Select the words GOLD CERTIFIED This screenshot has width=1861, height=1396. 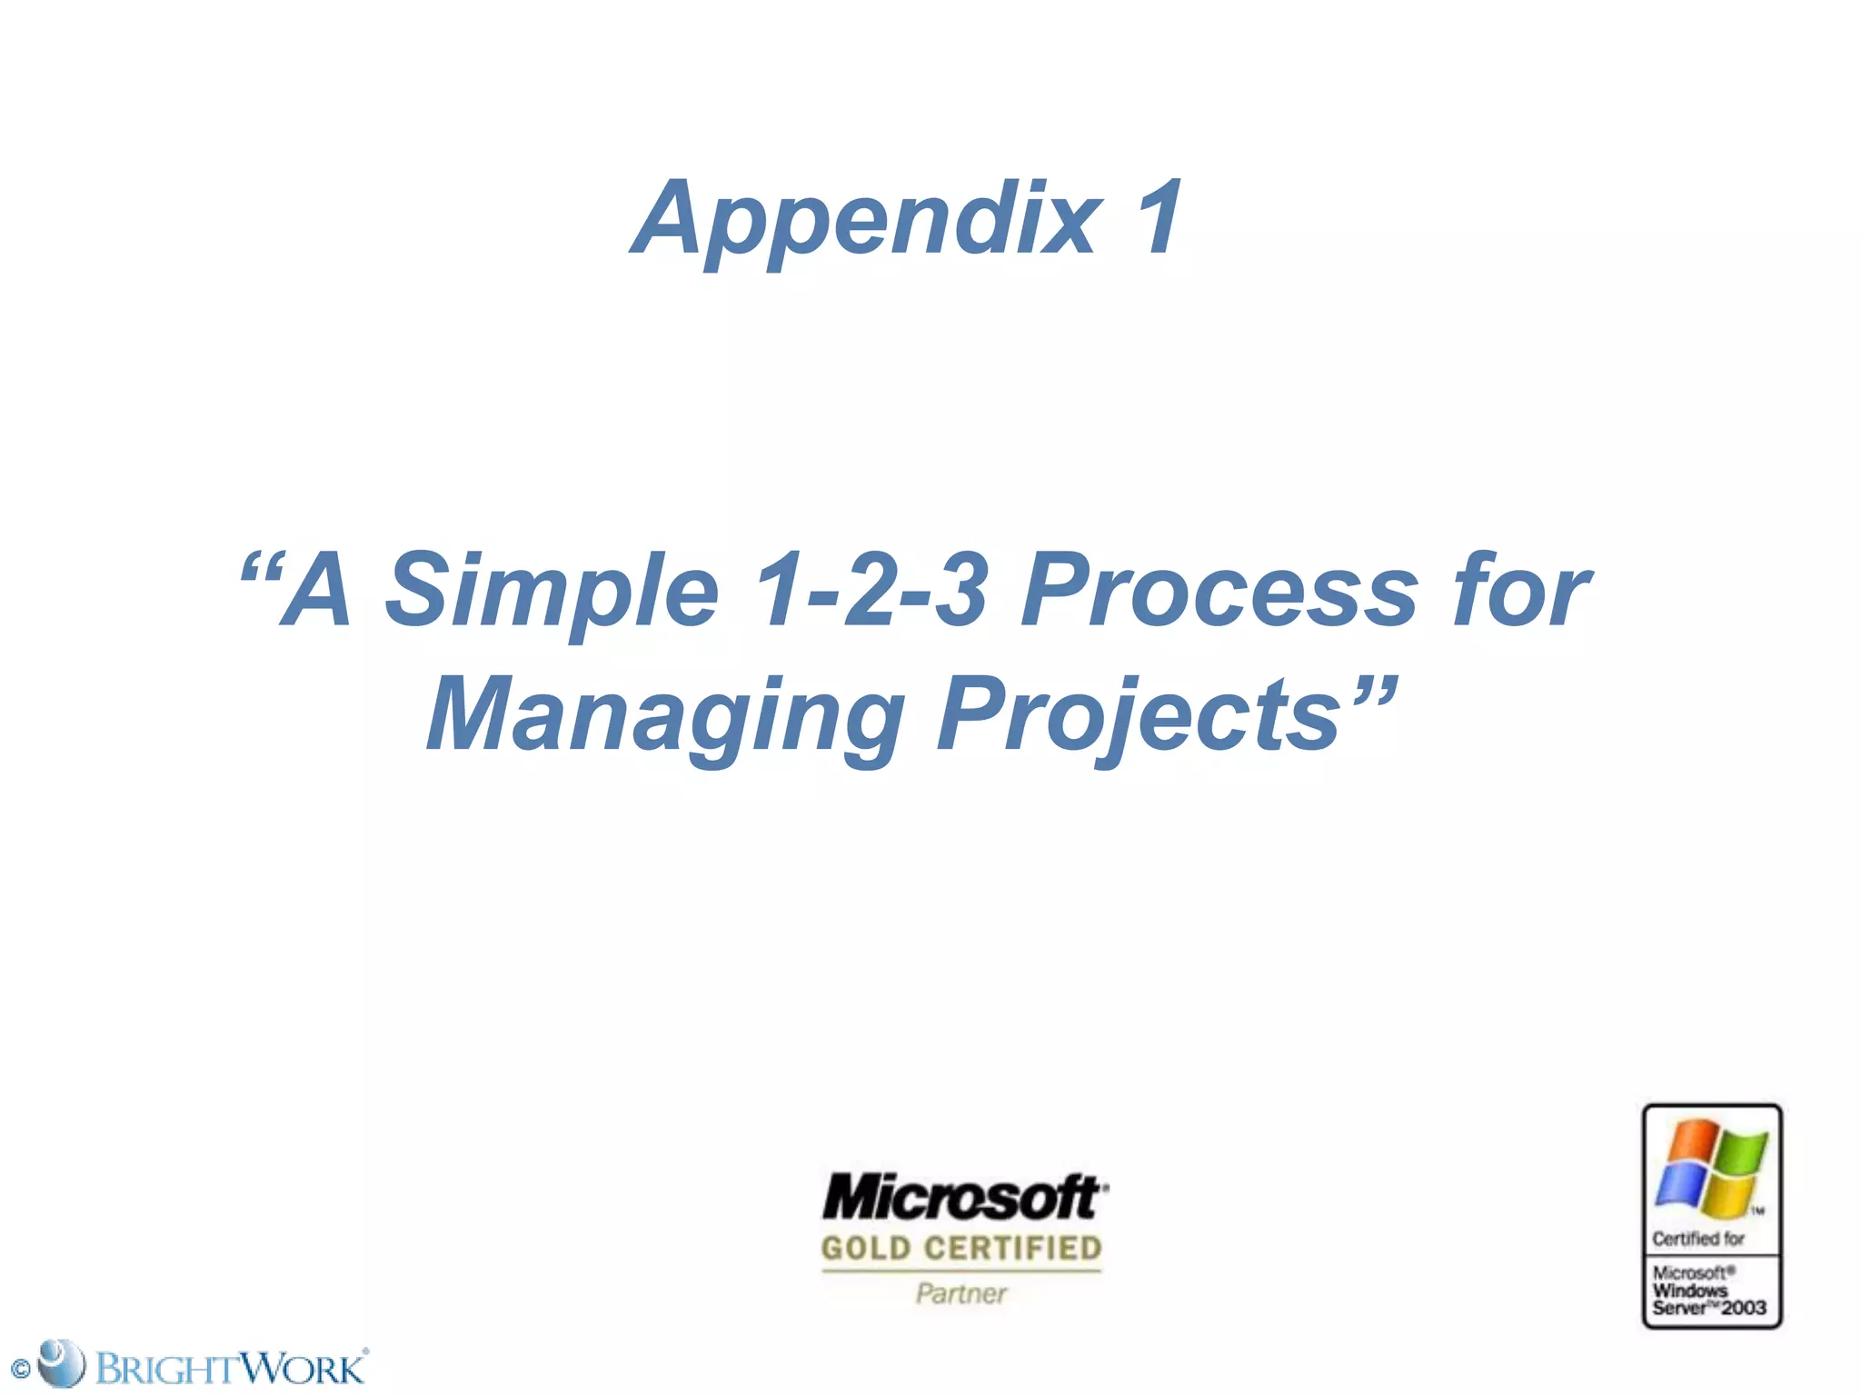click(961, 1249)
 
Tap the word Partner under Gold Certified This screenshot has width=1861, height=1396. click(961, 1293)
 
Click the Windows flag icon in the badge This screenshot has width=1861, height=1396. click(1711, 1169)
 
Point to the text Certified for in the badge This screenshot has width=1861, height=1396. click(1697, 1239)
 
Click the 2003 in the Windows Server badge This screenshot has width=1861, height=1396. click(1744, 1308)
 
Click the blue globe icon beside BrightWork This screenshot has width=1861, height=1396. click(62, 1362)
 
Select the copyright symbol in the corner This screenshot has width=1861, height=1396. click(20, 1369)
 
